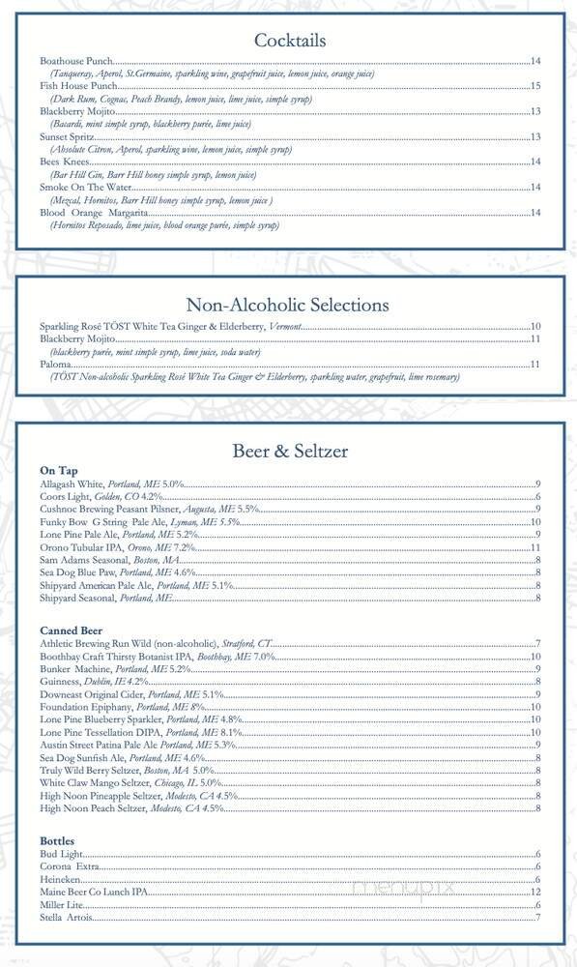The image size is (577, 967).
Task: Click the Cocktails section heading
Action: tap(289, 41)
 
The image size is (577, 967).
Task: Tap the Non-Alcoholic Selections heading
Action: tap(288, 305)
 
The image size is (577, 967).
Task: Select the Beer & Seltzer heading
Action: tap(289, 451)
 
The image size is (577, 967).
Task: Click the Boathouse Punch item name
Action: tap(78, 62)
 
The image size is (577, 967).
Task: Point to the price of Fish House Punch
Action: tap(534, 87)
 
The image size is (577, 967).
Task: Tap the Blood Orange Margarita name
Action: tap(94, 213)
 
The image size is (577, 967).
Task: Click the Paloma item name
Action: tap(55, 365)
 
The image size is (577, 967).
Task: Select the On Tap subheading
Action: tap(59, 469)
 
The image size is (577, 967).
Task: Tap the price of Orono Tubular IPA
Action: tap(534, 548)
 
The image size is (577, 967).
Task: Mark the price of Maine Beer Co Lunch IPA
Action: tap(534, 892)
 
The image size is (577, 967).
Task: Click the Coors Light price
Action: tap(536, 497)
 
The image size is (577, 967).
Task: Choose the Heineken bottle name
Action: tap(60, 879)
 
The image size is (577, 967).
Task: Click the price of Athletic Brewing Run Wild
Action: tap(536, 644)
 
